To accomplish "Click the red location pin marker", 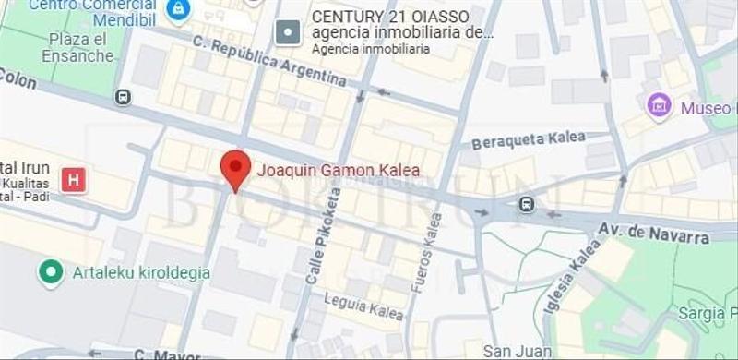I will tap(235, 168).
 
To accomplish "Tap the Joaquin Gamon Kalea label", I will tap(338, 170).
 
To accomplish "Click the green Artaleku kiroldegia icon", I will tap(50, 273).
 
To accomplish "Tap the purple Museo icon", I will tap(659, 106).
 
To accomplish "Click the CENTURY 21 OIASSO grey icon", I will tap(289, 33).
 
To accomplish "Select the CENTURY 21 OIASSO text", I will tap(390, 17).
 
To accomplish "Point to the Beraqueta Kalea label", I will tap(529, 140).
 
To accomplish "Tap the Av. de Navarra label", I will tap(654, 233).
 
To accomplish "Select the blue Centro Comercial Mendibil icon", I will tap(177, 9).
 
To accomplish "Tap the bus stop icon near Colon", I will tap(123, 97).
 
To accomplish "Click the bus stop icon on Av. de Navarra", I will tap(526, 204).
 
